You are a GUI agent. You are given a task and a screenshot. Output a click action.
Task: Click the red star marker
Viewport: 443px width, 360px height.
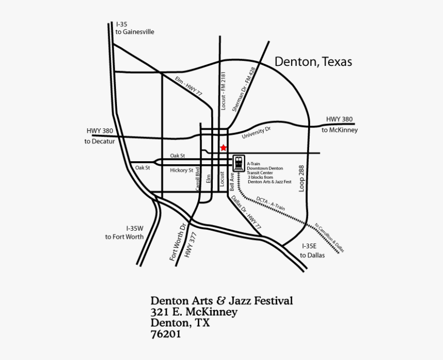pyautogui.click(x=223, y=148)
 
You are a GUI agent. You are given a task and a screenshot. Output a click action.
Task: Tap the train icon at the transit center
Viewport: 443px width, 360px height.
pyautogui.click(x=238, y=163)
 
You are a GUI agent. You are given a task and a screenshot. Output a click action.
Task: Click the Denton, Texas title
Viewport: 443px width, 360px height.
pyautogui.click(x=313, y=62)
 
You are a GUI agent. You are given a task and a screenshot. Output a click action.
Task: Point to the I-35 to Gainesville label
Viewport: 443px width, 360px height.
pyautogui.click(x=134, y=28)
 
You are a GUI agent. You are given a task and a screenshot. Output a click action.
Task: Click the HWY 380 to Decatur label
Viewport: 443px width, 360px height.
pyautogui.click(x=99, y=135)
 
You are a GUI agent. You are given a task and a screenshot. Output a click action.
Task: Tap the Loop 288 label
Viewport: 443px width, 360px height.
pyautogui.click(x=302, y=178)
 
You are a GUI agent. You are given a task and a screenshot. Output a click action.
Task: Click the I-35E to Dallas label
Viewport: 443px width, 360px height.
pyautogui.click(x=312, y=250)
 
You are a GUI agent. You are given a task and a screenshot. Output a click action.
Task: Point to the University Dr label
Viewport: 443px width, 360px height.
pyautogui.click(x=256, y=133)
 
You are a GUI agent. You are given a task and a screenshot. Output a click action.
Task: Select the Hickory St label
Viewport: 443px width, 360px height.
pyautogui.click(x=181, y=170)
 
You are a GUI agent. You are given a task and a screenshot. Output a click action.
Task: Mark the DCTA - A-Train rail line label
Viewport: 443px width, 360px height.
pyautogui.click(x=270, y=203)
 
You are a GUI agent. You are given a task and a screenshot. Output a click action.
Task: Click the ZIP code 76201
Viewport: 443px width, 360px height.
pyautogui.click(x=166, y=334)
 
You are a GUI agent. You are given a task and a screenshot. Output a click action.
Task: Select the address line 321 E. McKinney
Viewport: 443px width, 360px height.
pyautogui.click(x=194, y=312)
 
